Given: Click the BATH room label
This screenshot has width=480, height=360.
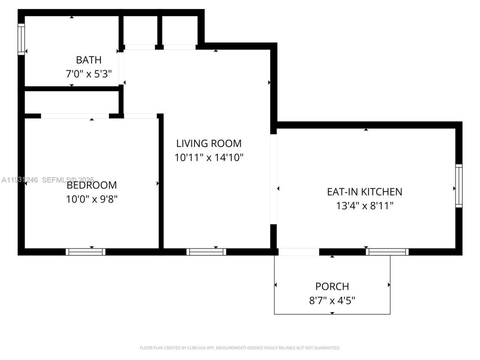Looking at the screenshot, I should (88, 60).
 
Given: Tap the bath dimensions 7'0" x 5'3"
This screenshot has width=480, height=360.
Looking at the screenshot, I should (88, 74).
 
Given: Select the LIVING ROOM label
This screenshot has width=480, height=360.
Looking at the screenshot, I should (209, 143).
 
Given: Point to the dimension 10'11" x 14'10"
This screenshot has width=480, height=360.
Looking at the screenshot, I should (209, 157).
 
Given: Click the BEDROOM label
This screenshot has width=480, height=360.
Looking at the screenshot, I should (92, 185).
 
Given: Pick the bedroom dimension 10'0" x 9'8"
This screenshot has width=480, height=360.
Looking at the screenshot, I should (92, 199).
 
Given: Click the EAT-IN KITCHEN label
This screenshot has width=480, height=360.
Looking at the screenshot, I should (364, 192).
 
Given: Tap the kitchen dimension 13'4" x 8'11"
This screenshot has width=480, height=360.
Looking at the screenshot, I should (364, 206).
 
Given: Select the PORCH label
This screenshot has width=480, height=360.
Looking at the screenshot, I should (332, 286).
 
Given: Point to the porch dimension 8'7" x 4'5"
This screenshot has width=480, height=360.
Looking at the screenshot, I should (332, 301).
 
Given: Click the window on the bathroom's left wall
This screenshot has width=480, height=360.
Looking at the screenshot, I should (21, 39).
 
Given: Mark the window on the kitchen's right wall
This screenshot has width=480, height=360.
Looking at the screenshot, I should (459, 186).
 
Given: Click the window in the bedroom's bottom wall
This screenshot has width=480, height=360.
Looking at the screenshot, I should (85, 252).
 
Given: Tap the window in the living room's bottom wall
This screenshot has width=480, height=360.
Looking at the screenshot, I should (206, 252).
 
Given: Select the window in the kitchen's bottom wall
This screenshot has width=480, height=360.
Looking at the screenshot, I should (387, 252).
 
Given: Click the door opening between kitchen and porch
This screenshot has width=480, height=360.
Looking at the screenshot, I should (298, 252).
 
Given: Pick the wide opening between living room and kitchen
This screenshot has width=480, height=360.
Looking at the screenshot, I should (273, 179).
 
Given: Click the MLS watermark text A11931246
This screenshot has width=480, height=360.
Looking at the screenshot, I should (20, 180).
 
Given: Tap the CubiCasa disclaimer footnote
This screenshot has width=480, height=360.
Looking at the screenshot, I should (240, 348).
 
